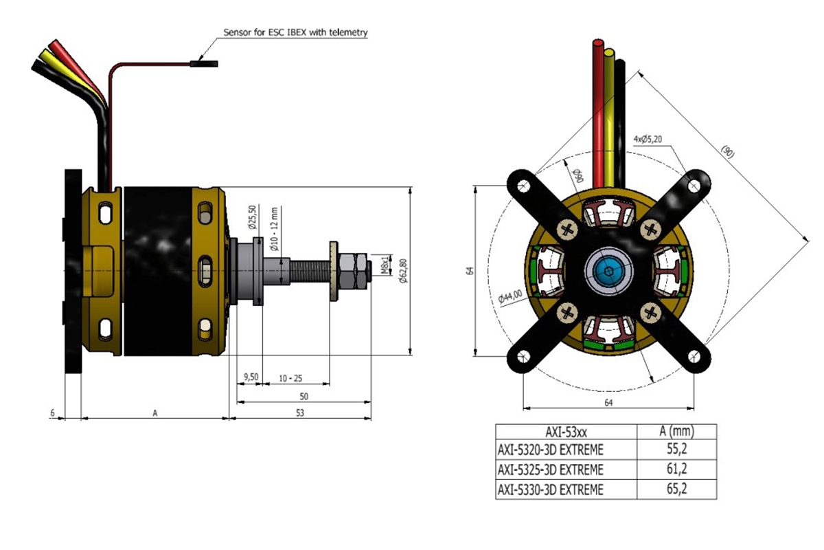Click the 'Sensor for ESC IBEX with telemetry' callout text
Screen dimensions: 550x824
[296, 32]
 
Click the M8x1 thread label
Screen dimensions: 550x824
[385, 265]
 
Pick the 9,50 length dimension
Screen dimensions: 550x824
[251, 377]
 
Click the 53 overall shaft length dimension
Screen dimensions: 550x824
[300, 412]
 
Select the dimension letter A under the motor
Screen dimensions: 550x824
[155, 412]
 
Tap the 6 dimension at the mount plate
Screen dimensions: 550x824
[52, 412]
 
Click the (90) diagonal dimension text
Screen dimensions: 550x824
[728, 151]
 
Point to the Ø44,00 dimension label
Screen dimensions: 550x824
[510, 296]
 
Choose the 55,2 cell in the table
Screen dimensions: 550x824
[676, 450]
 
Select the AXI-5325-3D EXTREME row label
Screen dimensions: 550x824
[550, 470]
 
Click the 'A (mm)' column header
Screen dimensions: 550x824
[676, 432]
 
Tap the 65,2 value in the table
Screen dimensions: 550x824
[676, 489]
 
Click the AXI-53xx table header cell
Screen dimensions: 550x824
[566, 432]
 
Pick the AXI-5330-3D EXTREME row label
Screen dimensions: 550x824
[550, 489]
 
